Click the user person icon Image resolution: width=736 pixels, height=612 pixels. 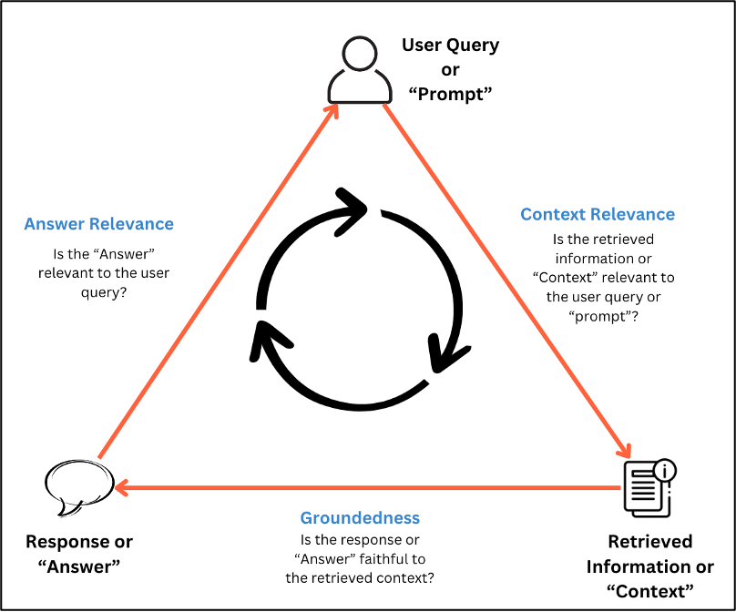pyautogui.click(x=353, y=69)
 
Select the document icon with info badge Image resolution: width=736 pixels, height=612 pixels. pyautogui.click(x=649, y=486)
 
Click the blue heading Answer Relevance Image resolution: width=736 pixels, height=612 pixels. pyautogui.click(x=98, y=224)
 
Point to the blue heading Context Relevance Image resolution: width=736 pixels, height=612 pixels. pyautogui.click(x=598, y=215)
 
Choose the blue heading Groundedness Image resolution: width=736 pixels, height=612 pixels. pyautogui.click(x=360, y=518)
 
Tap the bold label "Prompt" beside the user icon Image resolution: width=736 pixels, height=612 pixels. pyautogui.click(x=451, y=95)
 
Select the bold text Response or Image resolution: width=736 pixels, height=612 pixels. pyautogui.click(x=79, y=542)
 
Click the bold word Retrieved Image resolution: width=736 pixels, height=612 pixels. pyautogui.click(x=649, y=542)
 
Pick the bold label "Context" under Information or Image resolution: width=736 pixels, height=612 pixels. pyautogui.click(x=649, y=590)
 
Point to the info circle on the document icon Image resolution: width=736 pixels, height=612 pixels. pyautogui.click(x=666, y=470)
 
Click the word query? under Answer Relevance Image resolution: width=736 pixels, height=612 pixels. pyautogui.click(x=98, y=292)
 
